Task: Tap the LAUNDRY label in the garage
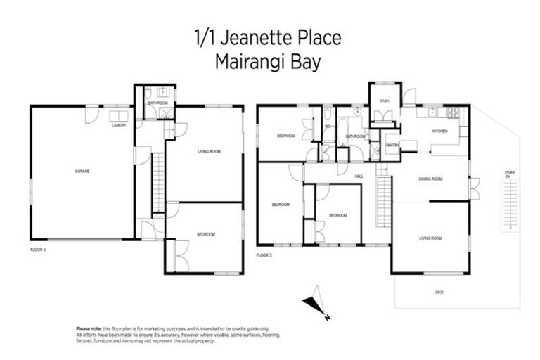click(x=119, y=127)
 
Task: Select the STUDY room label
click(x=385, y=101)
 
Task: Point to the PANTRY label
click(x=392, y=146)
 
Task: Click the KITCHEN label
click(x=439, y=131)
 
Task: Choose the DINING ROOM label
click(x=430, y=179)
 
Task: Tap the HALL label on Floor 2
click(x=359, y=176)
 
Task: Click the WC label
click(x=328, y=127)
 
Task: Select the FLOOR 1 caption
click(x=38, y=250)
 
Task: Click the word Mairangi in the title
click(x=250, y=62)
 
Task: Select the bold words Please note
click(x=89, y=328)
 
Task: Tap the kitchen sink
click(x=427, y=114)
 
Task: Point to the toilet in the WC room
click(x=328, y=115)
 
